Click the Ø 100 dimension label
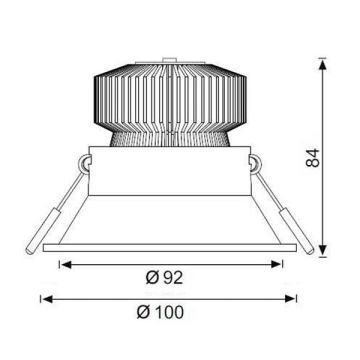coord(164,313)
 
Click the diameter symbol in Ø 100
coord(142,313)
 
